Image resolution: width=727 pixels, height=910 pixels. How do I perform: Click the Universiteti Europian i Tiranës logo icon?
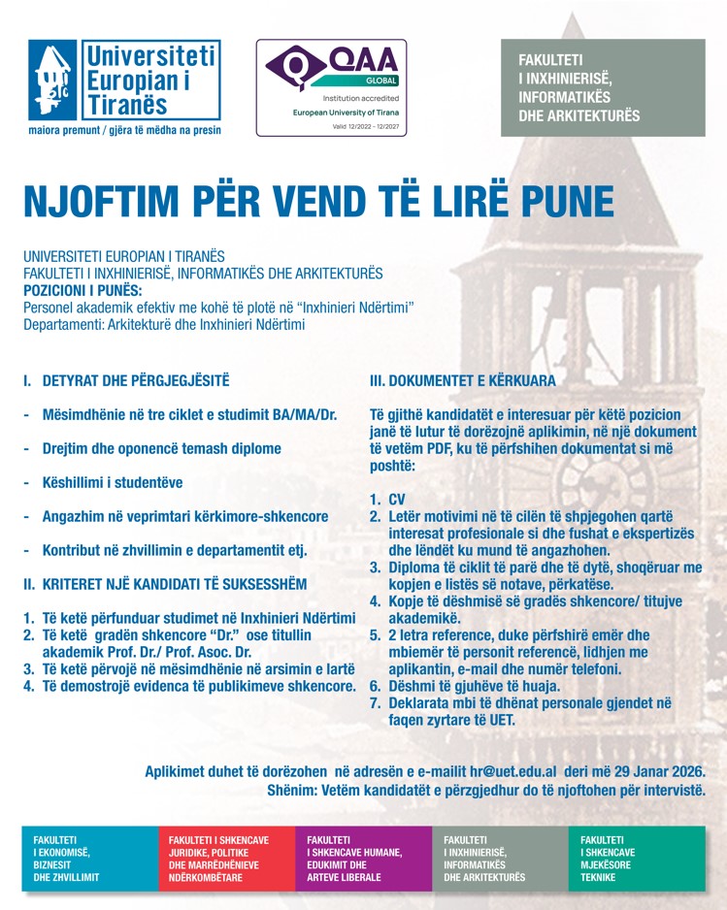click(53, 81)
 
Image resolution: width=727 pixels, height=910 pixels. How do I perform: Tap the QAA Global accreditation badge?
click(331, 88)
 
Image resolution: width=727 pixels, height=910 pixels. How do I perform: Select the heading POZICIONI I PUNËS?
click(83, 290)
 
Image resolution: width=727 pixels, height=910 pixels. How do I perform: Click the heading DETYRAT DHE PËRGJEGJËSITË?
click(136, 381)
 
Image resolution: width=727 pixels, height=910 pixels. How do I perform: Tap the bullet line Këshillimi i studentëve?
click(112, 482)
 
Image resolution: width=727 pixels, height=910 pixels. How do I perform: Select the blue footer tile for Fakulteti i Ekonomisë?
click(89, 858)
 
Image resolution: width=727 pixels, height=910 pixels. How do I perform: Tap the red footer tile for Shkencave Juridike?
click(225, 858)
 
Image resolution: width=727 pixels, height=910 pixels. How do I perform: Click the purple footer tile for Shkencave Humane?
click(363, 858)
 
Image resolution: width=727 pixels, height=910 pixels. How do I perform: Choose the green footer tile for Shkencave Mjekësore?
click(637, 858)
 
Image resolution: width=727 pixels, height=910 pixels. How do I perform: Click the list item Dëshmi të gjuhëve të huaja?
click(476, 685)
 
